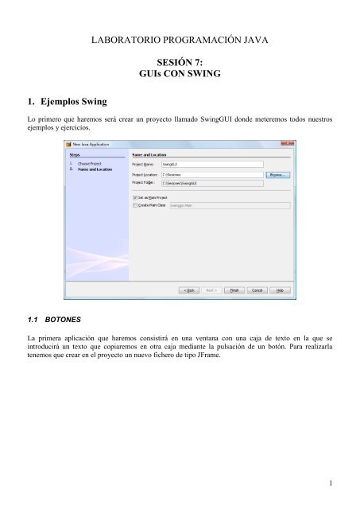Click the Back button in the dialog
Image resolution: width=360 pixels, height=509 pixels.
pos(190,291)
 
